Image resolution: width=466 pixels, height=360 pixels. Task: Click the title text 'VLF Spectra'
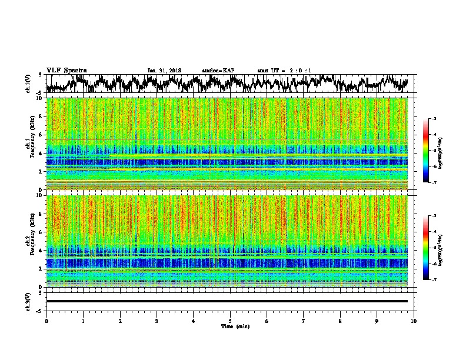[x=66, y=70]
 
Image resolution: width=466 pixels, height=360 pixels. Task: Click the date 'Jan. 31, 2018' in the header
[x=164, y=71]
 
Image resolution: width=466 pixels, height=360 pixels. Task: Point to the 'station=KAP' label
[x=218, y=71]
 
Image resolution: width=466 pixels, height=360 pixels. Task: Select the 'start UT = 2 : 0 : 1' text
[x=284, y=71]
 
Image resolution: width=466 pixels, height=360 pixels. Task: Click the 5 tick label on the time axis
[x=230, y=320]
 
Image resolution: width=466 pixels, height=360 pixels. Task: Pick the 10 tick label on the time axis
[x=414, y=320]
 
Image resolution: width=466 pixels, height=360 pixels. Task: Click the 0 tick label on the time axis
[x=46, y=320]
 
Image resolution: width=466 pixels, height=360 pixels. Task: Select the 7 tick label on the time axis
[x=304, y=320]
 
